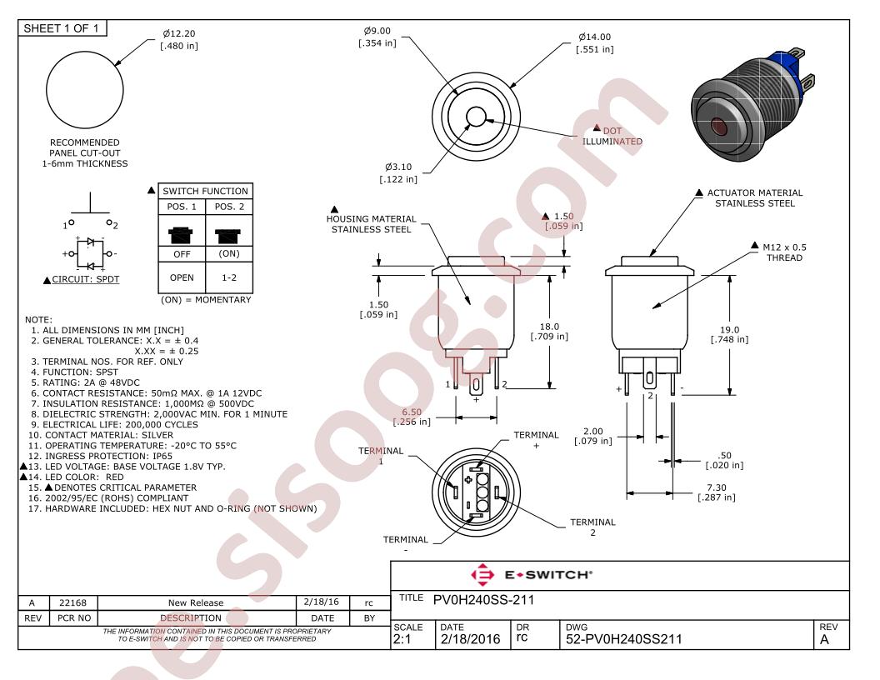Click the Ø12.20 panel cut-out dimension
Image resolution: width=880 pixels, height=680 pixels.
pyautogui.click(x=179, y=40)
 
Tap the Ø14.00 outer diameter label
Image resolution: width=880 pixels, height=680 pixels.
pyautogui.click(x=595, y=43)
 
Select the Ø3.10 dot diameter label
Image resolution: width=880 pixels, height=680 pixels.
pyautogui.click(x=398, y=172)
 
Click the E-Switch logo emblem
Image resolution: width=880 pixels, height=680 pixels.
pyautogui.click(x=482, y=574)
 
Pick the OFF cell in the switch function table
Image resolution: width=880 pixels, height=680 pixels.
pyautogui.click(x=182, y=254)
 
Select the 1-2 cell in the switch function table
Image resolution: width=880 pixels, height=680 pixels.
pyautogui.click(x=229, y=277)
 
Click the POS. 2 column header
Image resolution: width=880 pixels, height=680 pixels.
pyautogui.click(x=229, y=207)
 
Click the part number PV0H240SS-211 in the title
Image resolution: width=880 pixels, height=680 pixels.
pyautogui.click(x=484, y=600)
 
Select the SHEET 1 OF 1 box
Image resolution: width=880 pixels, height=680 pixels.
pyautogui.click(x=62, y=28)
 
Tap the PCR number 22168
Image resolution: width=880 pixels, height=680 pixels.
pyautogui.click(x=73, y=602)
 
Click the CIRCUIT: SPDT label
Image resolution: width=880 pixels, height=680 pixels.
pyautogui.click(x=85, y=279)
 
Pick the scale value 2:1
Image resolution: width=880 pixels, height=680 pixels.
pyautogui.click(x=402, y=639)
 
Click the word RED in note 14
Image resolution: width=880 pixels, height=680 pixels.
pyautogui.click(x=114, y=477)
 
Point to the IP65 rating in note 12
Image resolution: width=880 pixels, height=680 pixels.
pyautogui.click(x=162, y=456)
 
